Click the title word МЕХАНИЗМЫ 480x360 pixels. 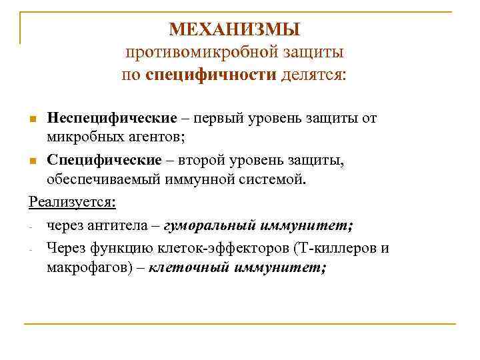point(235,29)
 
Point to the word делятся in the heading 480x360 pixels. point(313,73)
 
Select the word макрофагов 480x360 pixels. point(82,267)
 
